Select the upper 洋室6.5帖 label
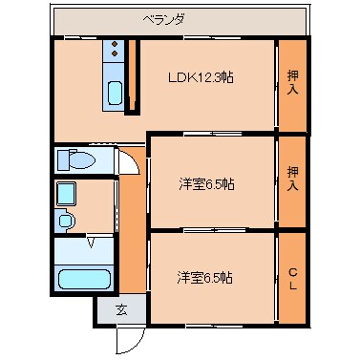[x=205, y=183]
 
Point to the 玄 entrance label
[x=121, y=308]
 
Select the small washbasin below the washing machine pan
[x=66, y=222]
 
